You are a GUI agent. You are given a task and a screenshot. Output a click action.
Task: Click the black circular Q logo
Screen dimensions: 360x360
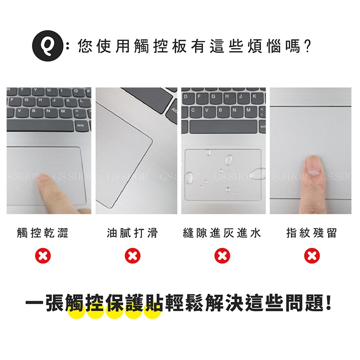48,46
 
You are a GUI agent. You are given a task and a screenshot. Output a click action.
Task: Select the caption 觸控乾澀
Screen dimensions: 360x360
43,233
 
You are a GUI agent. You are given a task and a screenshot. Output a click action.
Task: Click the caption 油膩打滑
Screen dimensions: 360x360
132,233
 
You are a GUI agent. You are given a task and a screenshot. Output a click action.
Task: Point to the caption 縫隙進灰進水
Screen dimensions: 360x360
222,233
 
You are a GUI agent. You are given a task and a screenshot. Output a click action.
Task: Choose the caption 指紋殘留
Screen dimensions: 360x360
311,233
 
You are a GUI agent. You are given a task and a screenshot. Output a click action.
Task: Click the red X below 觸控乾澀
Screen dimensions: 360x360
43,256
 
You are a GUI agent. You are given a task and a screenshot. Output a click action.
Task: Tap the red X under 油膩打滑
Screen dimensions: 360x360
132,256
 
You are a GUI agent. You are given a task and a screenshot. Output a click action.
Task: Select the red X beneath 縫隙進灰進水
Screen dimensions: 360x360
222,256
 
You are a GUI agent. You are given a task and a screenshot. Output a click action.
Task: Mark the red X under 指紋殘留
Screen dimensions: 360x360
312,256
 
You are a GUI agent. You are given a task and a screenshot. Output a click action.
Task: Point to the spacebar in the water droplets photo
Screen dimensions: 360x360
223,126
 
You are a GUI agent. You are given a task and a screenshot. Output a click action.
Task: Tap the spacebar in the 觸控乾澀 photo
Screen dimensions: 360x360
40,126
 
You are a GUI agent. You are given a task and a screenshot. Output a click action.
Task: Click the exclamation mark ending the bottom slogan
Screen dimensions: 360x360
329,303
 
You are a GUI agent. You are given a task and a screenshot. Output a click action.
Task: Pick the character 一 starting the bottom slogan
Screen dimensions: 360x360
35,303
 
